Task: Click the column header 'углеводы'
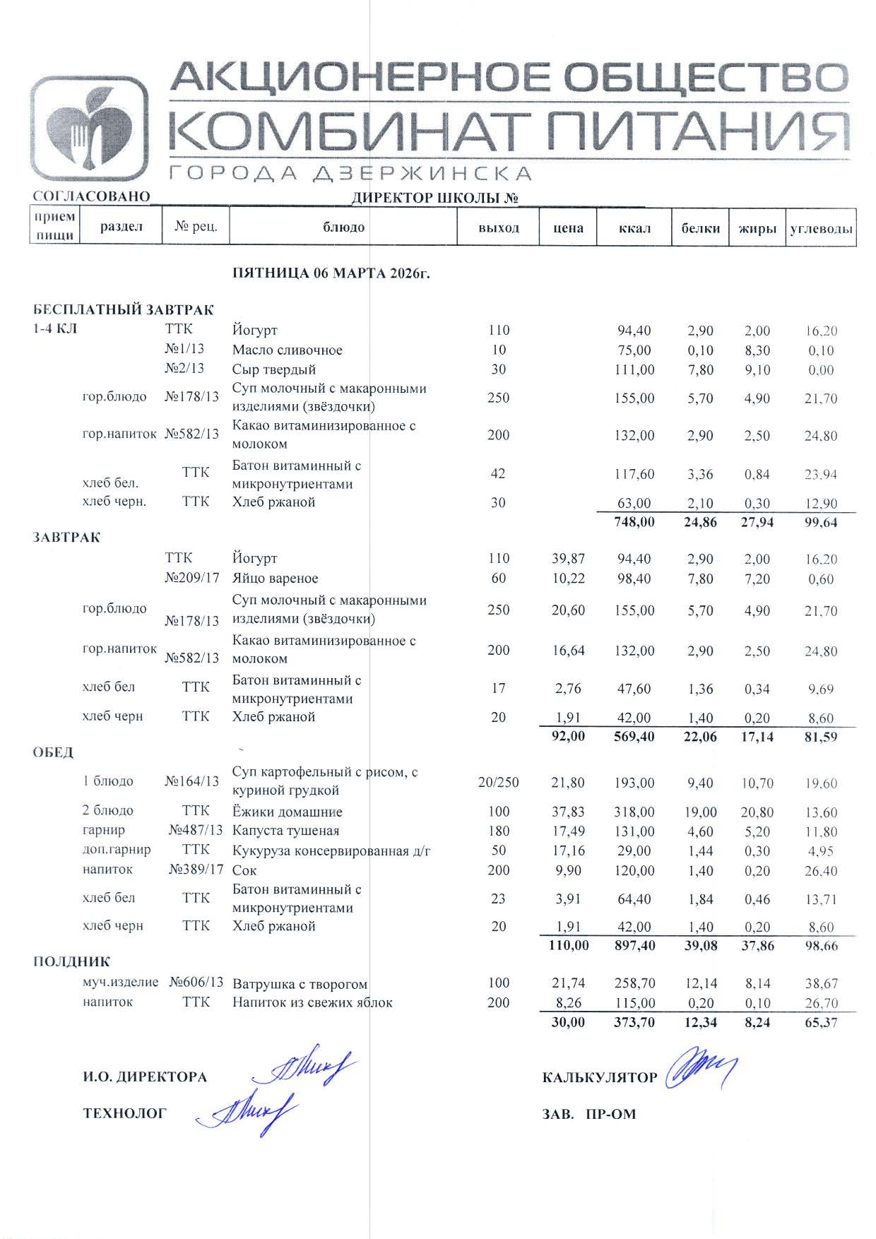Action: [820, 228]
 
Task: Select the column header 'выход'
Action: [498, 227]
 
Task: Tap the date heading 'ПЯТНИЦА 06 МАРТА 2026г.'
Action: [331, 274]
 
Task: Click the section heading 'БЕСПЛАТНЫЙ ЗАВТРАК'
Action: [123, 310]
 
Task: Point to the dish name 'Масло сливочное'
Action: [287, 350]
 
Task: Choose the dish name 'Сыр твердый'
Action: [273, 369]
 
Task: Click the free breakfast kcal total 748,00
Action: [634, 522]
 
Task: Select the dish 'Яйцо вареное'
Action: [275, 579]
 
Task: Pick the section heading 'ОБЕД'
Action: [53, 752]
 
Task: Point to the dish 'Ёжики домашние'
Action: [287, 812]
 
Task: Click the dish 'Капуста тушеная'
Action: [285, 831]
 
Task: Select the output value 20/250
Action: [498, 782]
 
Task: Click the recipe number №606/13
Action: [196, 983]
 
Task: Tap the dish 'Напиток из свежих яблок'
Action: [312, 1002]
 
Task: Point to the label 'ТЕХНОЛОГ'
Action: [125, 1114]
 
